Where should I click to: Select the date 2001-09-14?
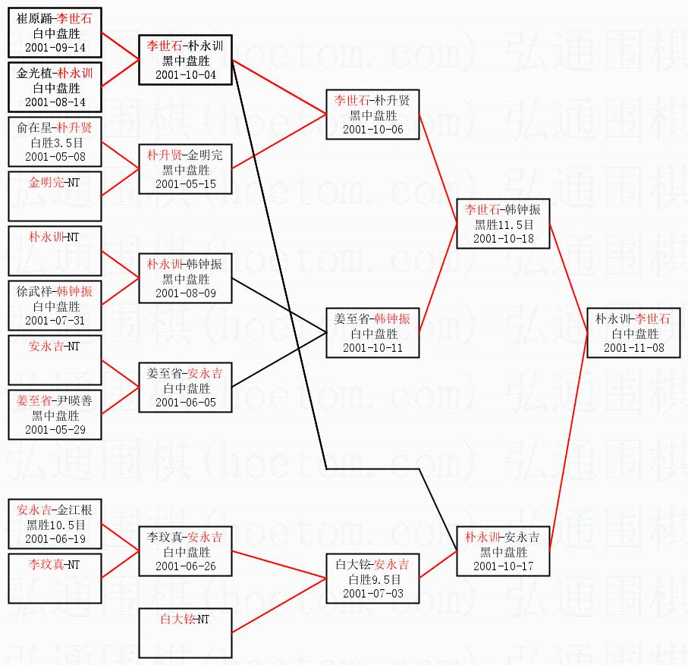pos(55,48)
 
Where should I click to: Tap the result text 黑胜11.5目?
pos(504,224)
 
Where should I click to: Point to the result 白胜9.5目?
pos(372,579)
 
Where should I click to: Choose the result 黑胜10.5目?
pos(55,524)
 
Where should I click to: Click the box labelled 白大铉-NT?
pos(185,632)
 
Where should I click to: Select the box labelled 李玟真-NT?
pos(55,578)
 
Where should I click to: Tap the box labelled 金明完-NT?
pos(55,196)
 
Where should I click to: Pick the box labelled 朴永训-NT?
pos(55,250)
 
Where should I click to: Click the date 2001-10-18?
pos(504,238)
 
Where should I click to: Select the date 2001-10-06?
pos(372,129)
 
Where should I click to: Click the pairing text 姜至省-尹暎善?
pos(55,401)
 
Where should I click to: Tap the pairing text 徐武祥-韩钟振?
pos(55,292)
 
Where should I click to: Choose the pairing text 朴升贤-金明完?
pos(185,155)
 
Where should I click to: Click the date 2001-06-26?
pos(185,566)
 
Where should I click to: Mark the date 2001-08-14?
pos(55,102)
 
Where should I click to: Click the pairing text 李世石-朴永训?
pos(185,46)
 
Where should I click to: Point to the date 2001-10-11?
pos(372,347)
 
